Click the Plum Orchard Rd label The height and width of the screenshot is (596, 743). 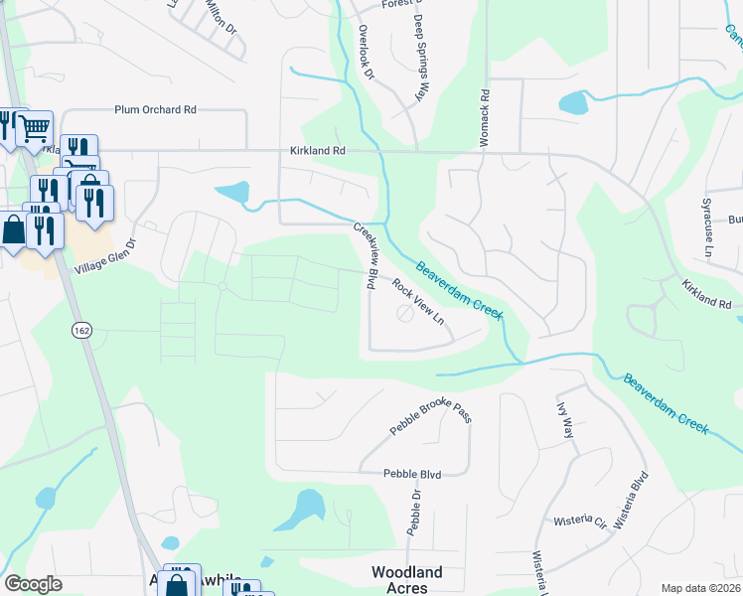[154, 109]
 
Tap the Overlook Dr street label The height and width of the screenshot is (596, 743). [365, 53]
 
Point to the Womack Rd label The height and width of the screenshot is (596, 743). [486, 119]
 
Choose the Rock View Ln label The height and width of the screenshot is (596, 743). [416, 302]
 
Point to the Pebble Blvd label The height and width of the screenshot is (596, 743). [411, 475]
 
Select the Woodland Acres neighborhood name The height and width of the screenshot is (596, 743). [407, 580]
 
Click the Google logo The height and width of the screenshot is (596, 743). [33, 584]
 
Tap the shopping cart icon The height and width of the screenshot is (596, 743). [35, 127]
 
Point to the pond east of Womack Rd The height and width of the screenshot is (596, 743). [573, 102]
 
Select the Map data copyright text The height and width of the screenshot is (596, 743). [701, 588]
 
